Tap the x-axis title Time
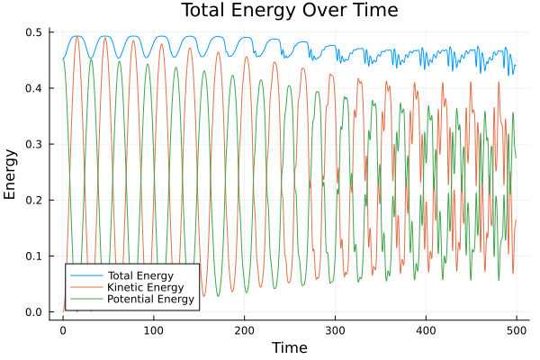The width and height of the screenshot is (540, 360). click(289, 347)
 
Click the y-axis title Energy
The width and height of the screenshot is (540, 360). click(11, 178)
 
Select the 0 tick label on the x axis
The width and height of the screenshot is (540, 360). click(63, 329)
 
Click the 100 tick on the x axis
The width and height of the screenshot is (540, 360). click(154, 329)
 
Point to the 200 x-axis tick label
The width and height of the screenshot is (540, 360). click(244, 329)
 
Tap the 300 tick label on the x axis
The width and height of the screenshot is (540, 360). click(335, 329)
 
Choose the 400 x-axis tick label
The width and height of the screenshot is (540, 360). click(426, 329)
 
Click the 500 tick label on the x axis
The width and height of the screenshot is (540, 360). click(517, 329)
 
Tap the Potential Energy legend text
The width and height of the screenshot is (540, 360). click(148, 300)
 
